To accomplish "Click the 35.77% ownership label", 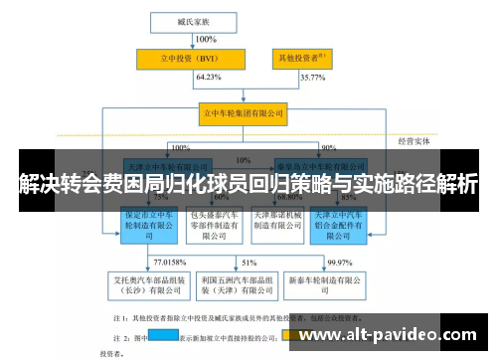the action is pyautogui.click(x=311, y=77).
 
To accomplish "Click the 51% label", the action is pyautogui.click(x=248, y=262).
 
